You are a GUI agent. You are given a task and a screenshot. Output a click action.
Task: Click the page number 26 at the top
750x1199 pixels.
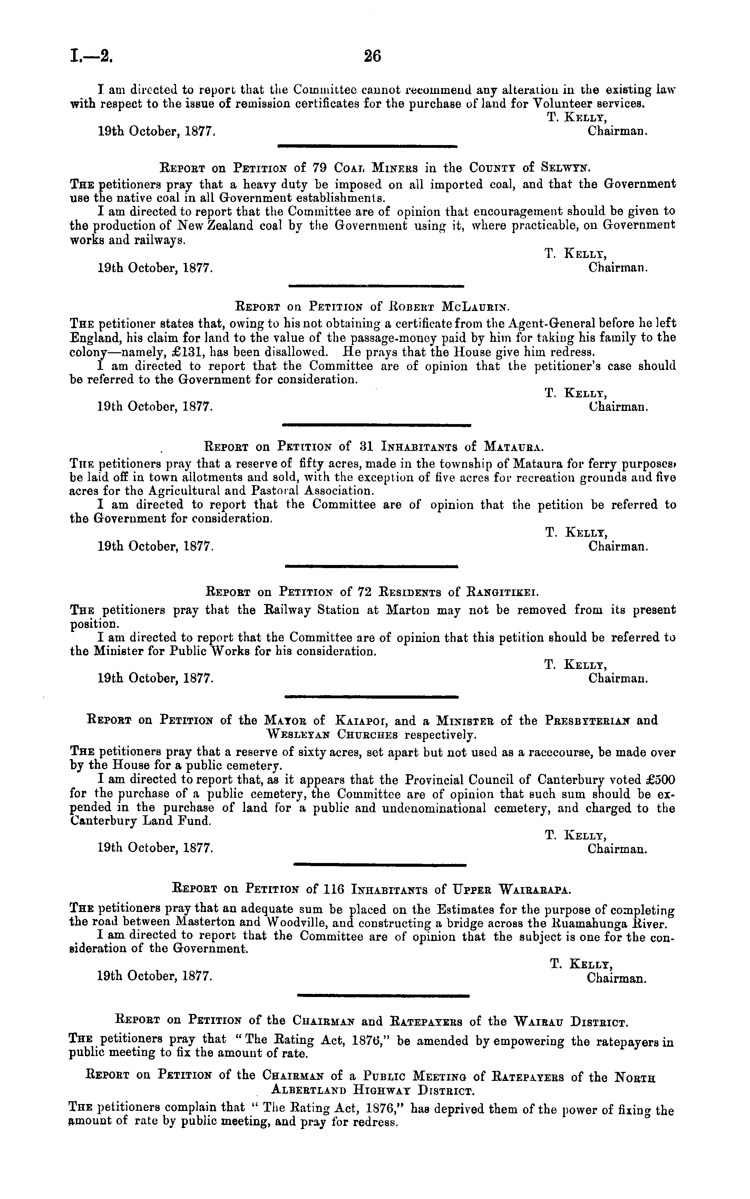point(372,56)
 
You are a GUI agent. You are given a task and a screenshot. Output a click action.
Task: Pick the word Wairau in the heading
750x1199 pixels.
point(539,1022)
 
